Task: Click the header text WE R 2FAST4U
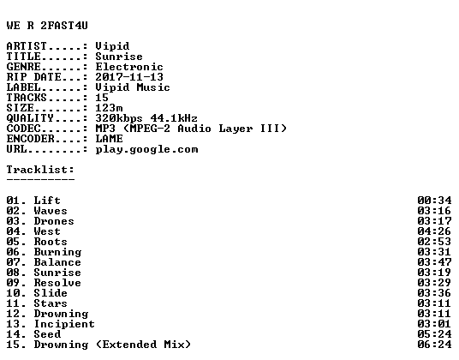[x=47, y=26]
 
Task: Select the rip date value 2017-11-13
[x=129, y=77]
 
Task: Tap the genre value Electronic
[x=129, y=67]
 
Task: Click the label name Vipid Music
[x=133, y=87]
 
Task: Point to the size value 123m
[x=109, y=108]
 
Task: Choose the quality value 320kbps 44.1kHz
[x=146, y=118]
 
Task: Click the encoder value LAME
[x=109, y=139]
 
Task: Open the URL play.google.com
[x=146, y=149]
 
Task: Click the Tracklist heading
[x=40, y=170]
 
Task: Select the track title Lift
[x=47, y=201]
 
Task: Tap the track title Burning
[x=57, y=252]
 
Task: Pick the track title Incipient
[x=64, y=324]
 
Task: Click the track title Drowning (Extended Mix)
[x=112, y=345]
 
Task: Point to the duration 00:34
[x=434, y=201]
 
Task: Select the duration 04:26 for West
[x=434, y=231]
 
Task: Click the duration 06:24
[x=434, y=345]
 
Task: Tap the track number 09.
[x=13, y=283]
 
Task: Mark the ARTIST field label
[x=27, y=46]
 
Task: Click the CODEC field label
[x=23, y=129]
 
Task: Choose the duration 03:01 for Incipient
[x=434, y=324]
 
